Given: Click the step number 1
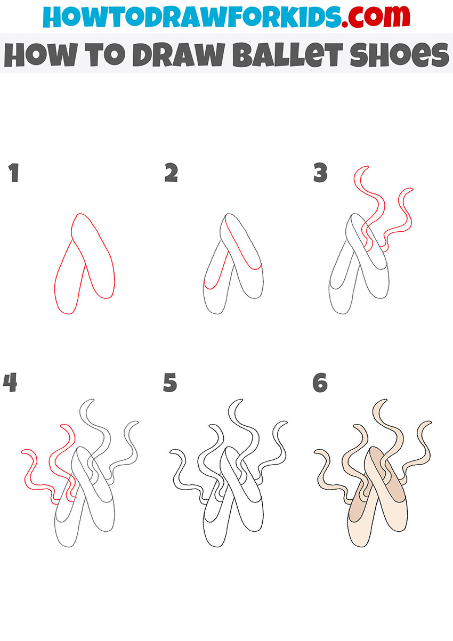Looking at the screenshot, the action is [14, 173].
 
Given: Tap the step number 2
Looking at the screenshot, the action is [171, 173].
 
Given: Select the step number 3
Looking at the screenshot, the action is [320, 173].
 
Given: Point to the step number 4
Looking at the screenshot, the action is [10, 383].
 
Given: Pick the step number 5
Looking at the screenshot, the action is [170, 383].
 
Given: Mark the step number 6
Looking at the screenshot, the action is [320, 383].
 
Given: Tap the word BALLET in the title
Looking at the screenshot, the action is [287, 55].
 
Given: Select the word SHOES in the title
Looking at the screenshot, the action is [399, 55].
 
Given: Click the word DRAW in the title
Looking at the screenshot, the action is [178, 55].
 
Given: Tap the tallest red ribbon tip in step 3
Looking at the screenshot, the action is [367, 166].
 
